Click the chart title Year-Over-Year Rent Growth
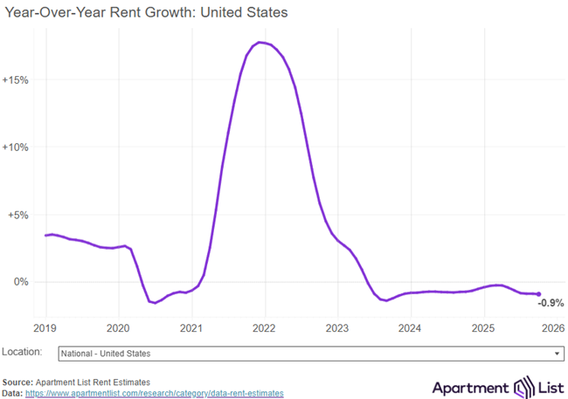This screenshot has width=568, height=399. coord(146,14)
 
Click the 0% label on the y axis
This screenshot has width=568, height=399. coord(21,282)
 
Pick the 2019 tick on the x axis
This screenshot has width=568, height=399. coord(45,328)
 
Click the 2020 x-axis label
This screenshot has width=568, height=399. coord(118,328)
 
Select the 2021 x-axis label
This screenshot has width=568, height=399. coord(191,328)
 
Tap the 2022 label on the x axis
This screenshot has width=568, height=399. coord(264,328)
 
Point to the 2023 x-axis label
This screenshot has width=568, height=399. coord(336,328)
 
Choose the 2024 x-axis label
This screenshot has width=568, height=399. coord(410,328)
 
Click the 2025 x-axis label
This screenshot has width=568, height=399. coord(482,328)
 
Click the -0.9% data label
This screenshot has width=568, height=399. coord(551,303)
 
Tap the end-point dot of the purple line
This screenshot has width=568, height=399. coord(538,294)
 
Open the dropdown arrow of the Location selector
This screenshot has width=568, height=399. coord(557,354)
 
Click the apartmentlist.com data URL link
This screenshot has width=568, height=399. coord(154,393)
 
